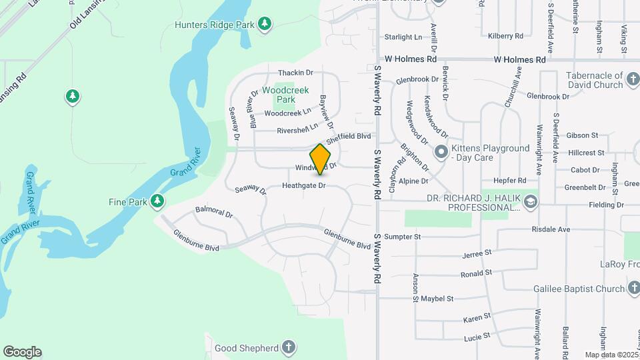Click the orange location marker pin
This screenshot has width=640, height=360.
tap(321, 159)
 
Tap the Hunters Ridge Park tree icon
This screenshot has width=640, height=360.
tap(265, 24)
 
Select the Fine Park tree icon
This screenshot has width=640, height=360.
tap(157, 201)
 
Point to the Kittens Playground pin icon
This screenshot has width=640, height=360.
tap(440, 152)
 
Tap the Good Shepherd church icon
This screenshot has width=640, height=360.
tap(288, 347)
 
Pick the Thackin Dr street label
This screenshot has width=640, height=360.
tap(295, 73)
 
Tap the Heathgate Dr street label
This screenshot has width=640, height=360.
tap(303, 185)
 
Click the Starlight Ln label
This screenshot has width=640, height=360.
tap(404, 37)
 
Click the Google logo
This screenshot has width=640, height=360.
tap(22, 352)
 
